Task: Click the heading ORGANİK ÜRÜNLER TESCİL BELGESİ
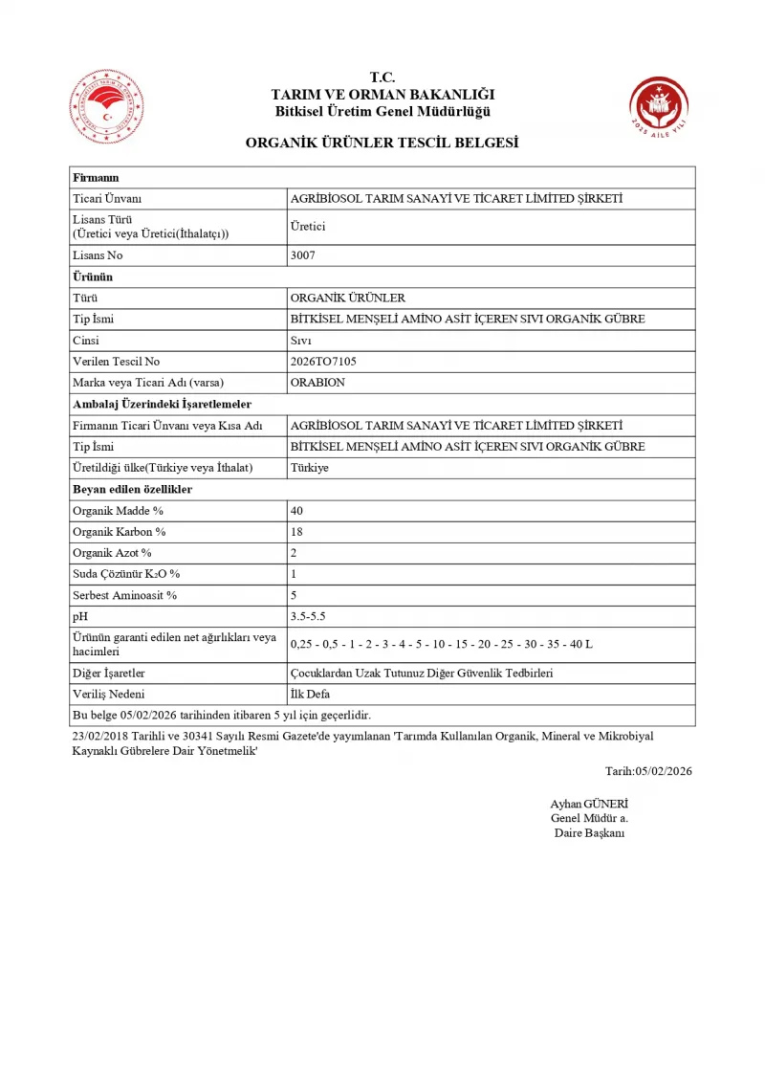[382, 143]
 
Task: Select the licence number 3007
[302, 255]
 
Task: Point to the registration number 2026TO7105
[322, 362]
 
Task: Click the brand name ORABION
[317, 383]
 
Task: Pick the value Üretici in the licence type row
[308, 227]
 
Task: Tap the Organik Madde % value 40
[296, 511]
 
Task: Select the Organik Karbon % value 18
[296, 532]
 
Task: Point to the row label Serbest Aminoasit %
[125, 595]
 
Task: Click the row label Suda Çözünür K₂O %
[126, 574]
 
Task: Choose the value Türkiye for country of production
[309, 468]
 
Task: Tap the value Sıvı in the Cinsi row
[300, 341]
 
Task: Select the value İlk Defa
[310, 695]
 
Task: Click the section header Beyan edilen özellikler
[133, 489]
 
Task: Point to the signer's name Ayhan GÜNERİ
[589, 804]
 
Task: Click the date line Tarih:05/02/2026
[648, 771]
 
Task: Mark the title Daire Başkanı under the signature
[589, 832]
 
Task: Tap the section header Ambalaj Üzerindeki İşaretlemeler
[162, 404]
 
